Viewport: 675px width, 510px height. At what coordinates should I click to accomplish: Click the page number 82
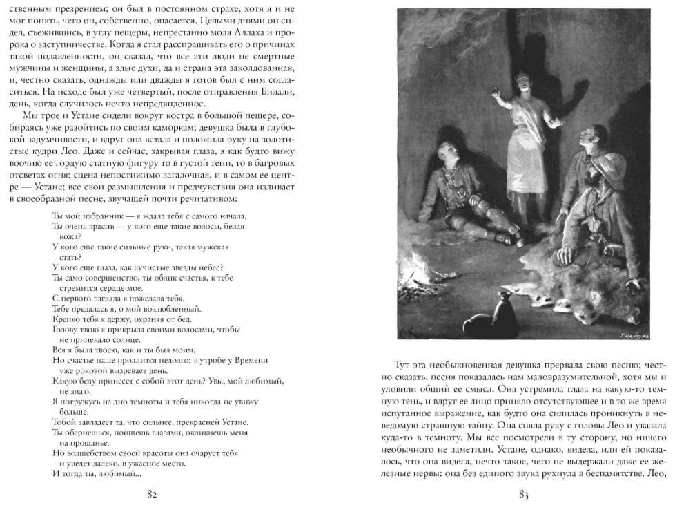click(x=153, y=494)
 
